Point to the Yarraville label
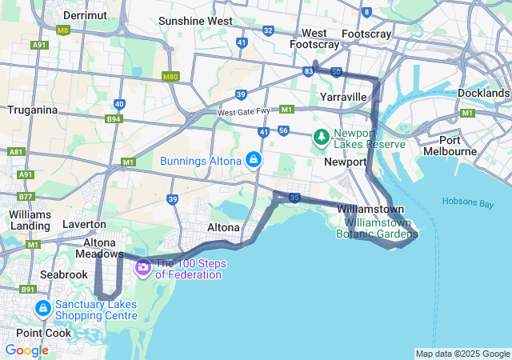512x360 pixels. coord(342,96)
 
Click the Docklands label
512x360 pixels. coord(483,93)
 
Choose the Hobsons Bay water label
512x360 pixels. coord(465,203)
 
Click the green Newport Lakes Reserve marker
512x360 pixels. coord(322,137)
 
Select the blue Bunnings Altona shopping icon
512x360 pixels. coord(254,160)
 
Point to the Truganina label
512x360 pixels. coord(31,110)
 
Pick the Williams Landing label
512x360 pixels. coord(30,220)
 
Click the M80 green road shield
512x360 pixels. coord(170,76)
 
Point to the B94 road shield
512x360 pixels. coord(114,120)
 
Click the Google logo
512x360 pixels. coord(26,350)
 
